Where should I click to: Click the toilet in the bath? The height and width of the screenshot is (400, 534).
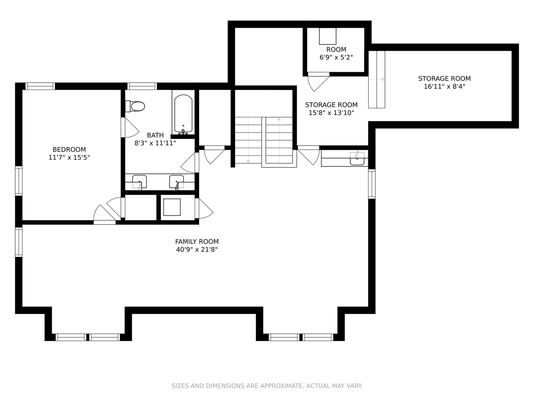135,106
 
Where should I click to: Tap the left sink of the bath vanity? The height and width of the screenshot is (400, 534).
139,182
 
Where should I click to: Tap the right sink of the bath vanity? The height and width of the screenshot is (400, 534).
177,182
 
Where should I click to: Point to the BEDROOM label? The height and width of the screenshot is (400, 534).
69,150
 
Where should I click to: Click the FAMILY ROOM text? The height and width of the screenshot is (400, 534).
197,241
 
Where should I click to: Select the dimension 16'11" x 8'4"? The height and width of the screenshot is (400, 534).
444,87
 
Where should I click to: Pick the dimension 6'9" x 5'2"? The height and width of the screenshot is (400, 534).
336,57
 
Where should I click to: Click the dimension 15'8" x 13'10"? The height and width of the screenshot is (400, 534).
331,113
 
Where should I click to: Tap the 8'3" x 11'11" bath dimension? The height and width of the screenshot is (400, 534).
155,143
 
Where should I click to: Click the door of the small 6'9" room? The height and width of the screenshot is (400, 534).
317,81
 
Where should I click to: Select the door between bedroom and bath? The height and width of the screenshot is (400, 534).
130,127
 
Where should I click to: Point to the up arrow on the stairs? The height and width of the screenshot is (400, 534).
279,119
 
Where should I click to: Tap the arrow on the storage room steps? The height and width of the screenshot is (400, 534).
382,79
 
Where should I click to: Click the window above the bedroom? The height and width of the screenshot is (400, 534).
40,86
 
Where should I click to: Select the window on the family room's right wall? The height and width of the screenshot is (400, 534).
372,184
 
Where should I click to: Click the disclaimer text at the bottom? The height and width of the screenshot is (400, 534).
267,386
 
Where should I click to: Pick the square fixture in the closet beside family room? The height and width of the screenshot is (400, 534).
172,207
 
